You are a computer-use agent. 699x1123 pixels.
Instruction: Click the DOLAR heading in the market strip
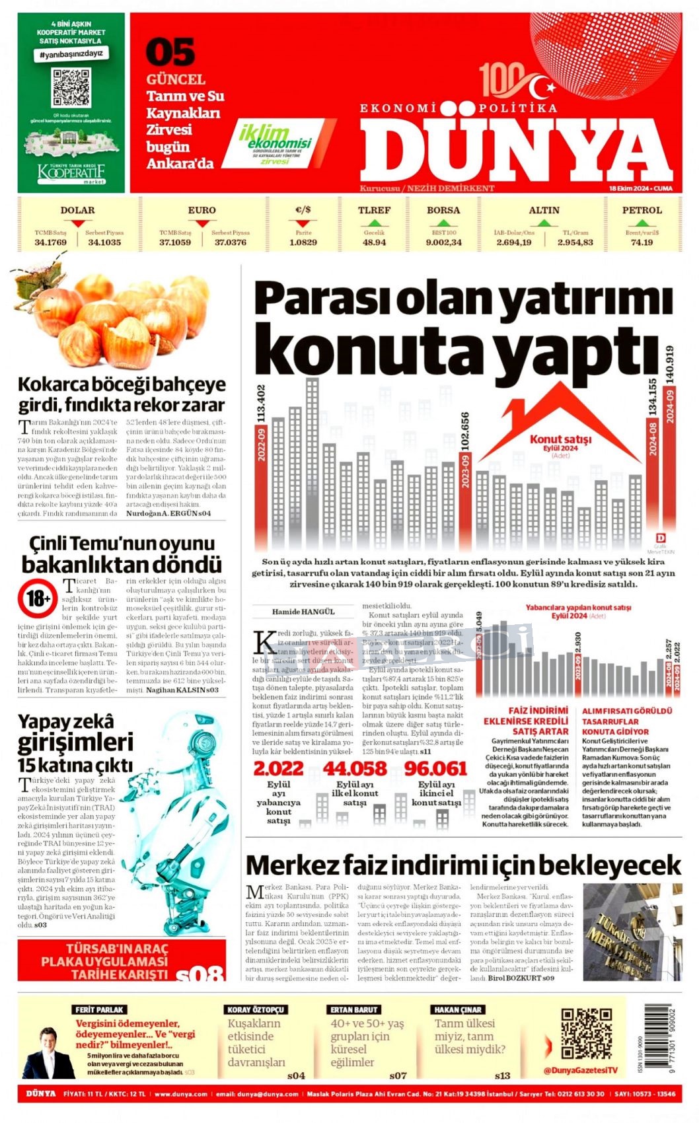tap(77, 210)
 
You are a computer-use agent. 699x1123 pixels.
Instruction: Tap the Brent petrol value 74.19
tap(642, 242)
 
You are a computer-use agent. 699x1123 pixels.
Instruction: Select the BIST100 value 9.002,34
tap(443, 242)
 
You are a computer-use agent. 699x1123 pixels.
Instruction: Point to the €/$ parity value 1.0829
tap(303, 242)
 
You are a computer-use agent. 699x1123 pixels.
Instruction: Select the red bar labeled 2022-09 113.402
tap(261, 482)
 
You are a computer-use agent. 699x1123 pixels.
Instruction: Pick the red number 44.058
tap(355, 768)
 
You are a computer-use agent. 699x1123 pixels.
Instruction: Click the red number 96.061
tap(435, 768)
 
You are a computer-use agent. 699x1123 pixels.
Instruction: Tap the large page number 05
tap(170, 53)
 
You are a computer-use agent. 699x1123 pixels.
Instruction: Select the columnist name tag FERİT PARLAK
tap(99, 1009)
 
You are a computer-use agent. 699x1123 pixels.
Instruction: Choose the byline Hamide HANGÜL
tap(303, 612)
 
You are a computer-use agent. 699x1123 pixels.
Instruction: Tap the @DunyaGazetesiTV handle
tap(581, 1069)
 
